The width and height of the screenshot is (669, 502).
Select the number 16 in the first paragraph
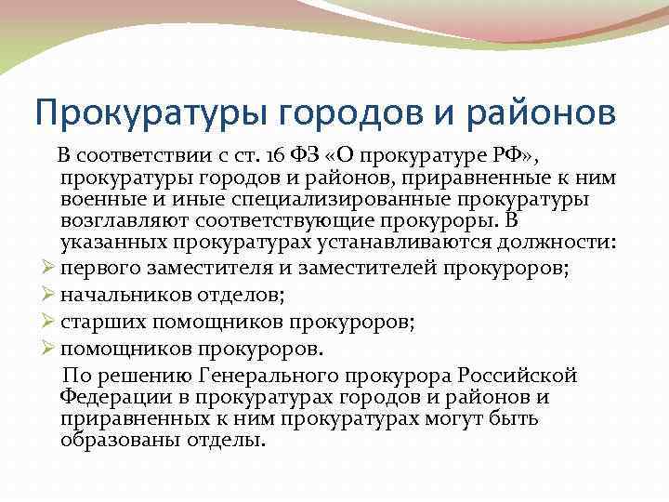273,154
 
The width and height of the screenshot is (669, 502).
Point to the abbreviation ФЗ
305,154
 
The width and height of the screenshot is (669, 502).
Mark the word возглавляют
119,221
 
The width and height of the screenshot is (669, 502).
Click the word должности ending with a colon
556,244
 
